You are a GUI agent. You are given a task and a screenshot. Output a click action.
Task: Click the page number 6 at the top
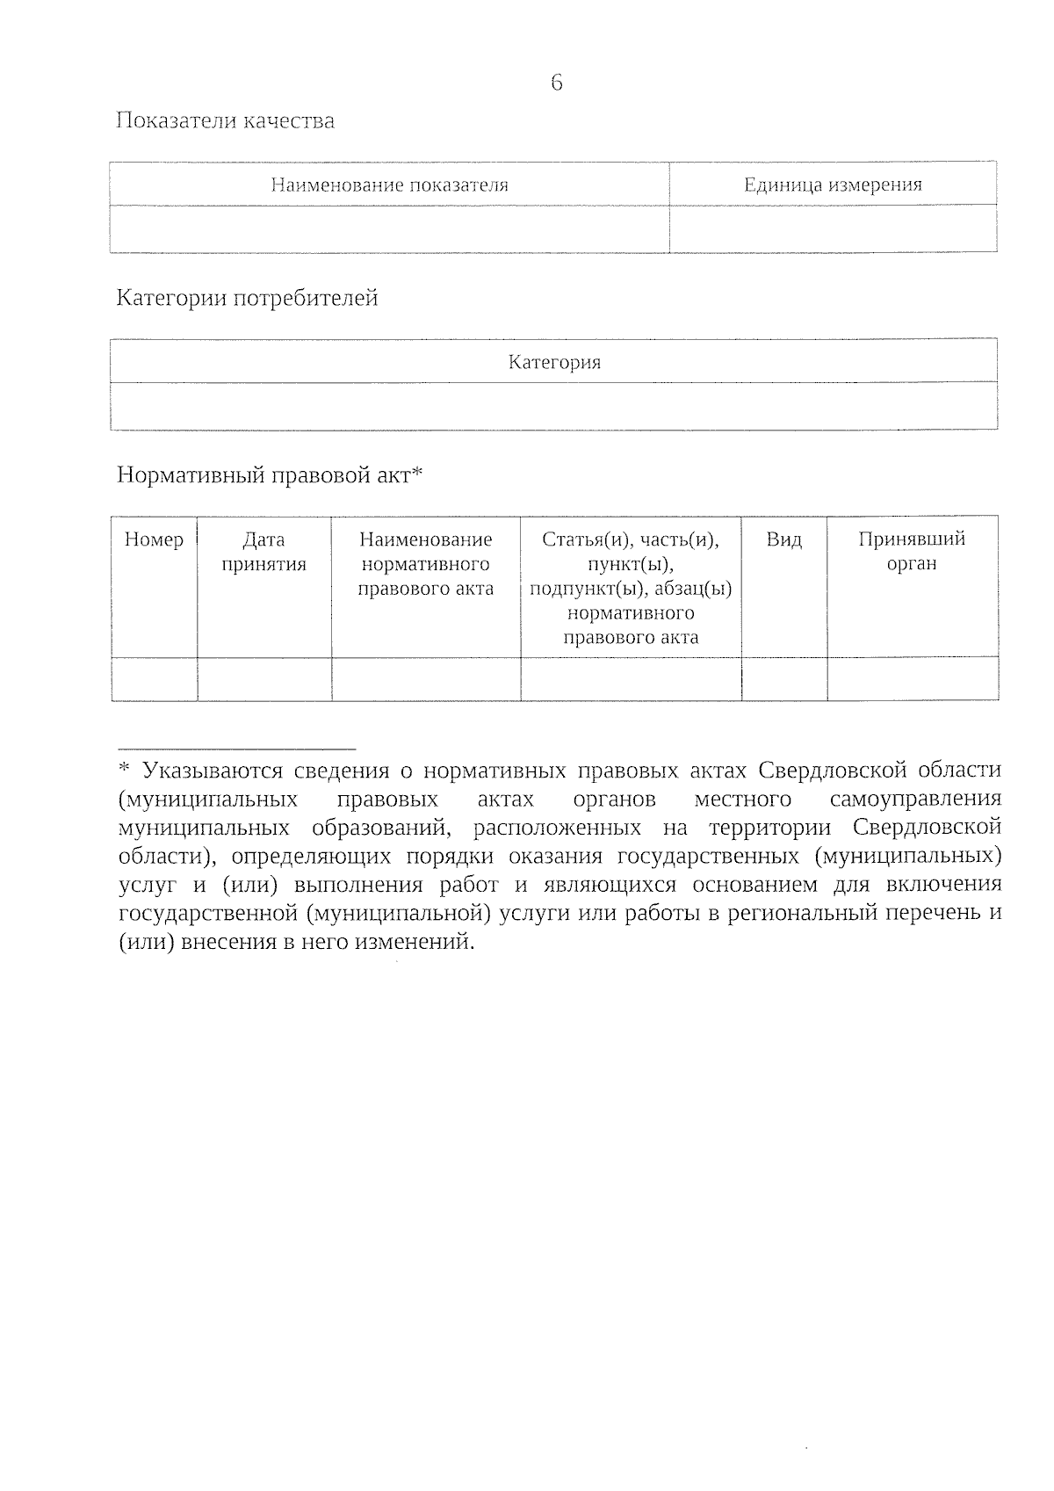pos(556,83)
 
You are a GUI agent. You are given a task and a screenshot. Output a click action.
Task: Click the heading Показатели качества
pos(226,120)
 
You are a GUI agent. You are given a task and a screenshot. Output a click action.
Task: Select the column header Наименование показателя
pos(389,185)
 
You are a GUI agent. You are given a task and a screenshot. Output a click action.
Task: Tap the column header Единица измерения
pos(833,185)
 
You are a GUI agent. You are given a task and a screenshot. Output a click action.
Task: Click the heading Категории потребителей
pos(248,299)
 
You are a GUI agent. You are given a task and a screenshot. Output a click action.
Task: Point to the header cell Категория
pos(554,362)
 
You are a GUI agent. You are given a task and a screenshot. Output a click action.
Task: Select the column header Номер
pos(155,539)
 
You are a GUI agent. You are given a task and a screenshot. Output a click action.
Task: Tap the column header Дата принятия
pos(263,552)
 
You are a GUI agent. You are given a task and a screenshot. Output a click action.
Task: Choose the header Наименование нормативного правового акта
pos(426,564)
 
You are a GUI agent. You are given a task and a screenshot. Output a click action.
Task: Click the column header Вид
pos(783,539)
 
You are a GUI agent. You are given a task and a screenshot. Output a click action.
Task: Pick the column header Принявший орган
pos(912,552)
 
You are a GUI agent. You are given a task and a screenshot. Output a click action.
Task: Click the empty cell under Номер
pos(155,679)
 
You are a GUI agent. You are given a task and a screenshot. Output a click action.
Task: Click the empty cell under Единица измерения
pos(833,229)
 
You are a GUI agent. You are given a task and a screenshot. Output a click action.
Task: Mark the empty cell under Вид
pos(783,679)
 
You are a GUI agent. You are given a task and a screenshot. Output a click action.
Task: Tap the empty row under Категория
pos(554,406)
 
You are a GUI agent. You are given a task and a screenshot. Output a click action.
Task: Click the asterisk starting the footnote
pos(124,770)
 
